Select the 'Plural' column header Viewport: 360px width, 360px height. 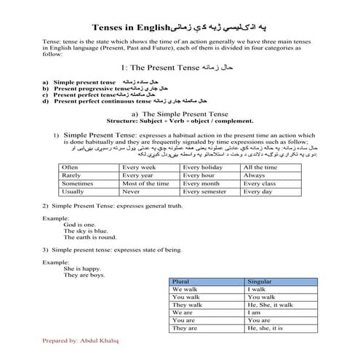[x=180, y=281]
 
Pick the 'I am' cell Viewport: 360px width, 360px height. [x=255, y=313]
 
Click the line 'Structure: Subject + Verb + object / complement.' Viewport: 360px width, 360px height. [x=179, y=121]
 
